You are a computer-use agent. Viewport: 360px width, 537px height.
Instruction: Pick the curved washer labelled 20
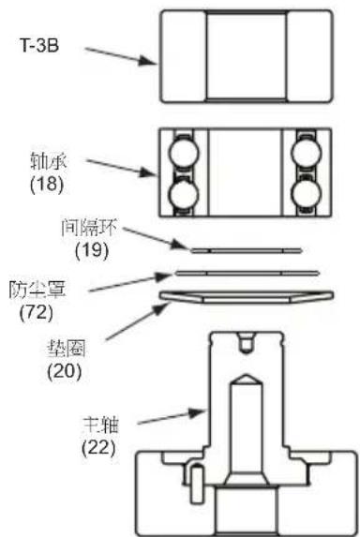click(245, 298)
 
